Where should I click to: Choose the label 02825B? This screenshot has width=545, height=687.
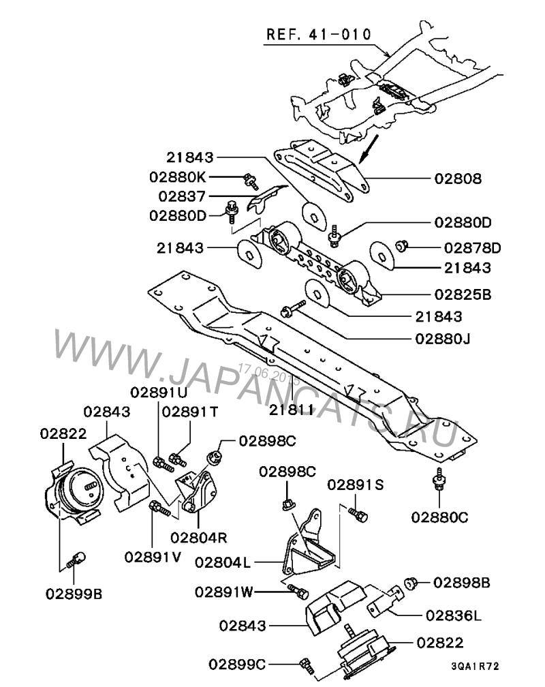click(x=463, y=296)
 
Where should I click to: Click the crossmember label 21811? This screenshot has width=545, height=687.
click(x=291, y=410)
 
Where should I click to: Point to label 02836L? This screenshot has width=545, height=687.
click(x=454, y=615)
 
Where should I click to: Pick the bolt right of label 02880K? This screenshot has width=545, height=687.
click(x=250, y=181)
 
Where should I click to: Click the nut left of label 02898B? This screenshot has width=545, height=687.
click(x=411, y=583)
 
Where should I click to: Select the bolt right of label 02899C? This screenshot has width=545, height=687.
click(x=305, y=662)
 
